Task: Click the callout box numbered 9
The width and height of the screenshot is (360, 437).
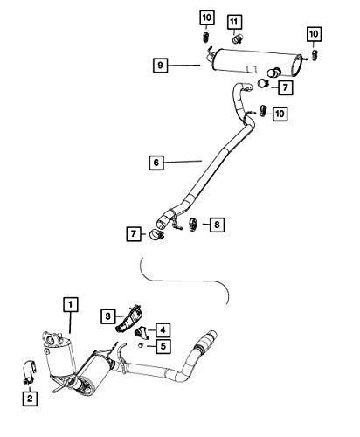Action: click(x=161, y=65)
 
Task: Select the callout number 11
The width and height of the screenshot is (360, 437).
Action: click(x=235, y=21)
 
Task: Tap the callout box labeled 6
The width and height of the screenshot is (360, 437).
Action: click(x=156, y=162)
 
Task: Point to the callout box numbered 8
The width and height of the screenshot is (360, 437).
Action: click(x=217, y=225)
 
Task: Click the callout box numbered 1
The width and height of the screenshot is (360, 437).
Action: click(x=71, y=304)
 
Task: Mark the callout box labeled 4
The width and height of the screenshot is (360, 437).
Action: click(x=163, y=329)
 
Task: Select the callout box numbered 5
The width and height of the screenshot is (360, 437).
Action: click(x=163, y=346)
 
